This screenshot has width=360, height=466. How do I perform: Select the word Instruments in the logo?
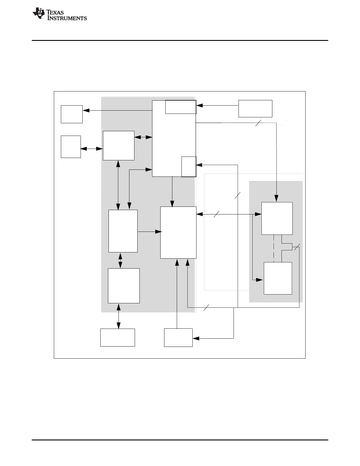click(67, 18)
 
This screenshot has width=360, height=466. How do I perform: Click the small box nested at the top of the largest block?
click(181, 107)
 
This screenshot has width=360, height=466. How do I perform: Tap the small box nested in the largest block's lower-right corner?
click(189, 167)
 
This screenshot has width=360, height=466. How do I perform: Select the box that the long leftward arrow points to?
click(71, 114)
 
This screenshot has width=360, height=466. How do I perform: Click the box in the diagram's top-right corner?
click(255, 109)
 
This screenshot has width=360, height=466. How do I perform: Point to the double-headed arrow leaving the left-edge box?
click(92, 149)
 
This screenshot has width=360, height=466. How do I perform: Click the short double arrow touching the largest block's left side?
click(143, 137)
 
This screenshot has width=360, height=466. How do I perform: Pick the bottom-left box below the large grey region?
click(117, 337)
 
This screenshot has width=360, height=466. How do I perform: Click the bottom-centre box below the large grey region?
click(178, 337)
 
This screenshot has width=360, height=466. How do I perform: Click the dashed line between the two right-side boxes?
click(274, 248)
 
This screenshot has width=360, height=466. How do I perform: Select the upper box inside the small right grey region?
click(277, 218)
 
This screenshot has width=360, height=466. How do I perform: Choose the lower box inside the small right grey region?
click(278, 278)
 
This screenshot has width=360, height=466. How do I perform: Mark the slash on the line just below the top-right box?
click(258, 123)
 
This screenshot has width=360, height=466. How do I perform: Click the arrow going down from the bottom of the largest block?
click(172, 191)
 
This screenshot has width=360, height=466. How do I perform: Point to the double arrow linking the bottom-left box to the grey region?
click(119, 316)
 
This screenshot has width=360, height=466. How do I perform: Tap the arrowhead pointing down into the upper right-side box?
click(276, 199)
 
